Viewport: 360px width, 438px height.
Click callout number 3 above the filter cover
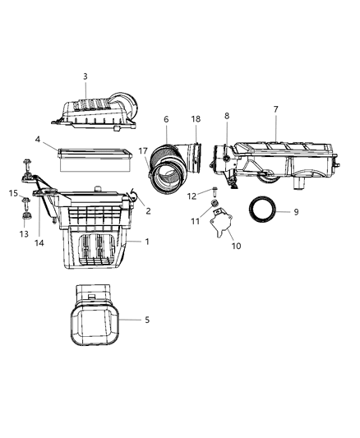(85, 76)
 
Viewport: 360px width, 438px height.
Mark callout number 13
(24, 233)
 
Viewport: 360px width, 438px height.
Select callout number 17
(144, 150)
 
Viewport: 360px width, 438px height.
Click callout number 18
(196, 119)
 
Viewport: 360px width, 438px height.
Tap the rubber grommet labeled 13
(25, 218)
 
